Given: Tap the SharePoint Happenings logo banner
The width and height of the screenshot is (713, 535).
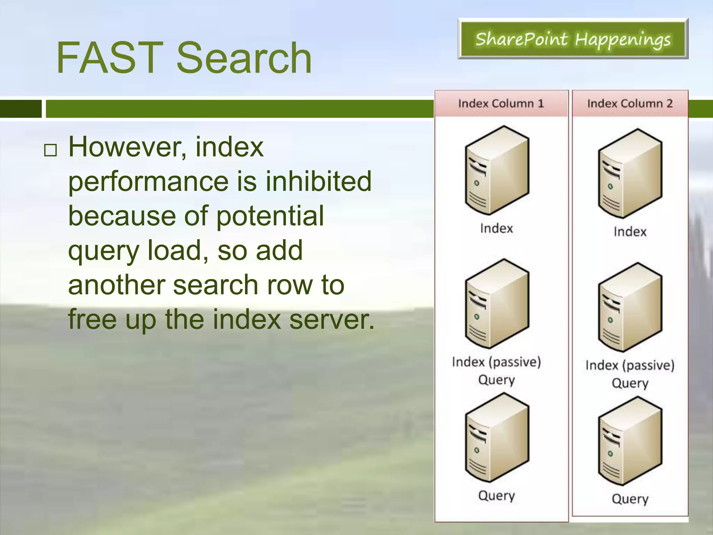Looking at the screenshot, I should point(573,39).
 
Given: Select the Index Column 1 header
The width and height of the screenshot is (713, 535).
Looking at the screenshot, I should point(501,103).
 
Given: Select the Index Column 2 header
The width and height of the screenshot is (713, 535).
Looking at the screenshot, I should point(629,103).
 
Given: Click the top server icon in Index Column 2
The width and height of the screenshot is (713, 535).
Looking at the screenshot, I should point(630,173).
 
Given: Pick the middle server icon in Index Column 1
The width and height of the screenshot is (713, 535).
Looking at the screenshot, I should point(497,304).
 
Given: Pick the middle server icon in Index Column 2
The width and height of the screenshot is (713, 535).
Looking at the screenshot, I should point(630,307).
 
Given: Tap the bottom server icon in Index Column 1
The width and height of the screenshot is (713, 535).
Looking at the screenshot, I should point(497,437).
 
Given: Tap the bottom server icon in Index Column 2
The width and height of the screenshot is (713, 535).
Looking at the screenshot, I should point(630,441).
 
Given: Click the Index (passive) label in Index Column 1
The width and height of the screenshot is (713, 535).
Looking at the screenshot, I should point(496,362).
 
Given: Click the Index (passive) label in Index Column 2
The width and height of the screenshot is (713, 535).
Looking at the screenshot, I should point(630,365).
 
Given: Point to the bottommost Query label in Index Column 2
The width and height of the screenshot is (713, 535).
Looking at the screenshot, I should point(630,499).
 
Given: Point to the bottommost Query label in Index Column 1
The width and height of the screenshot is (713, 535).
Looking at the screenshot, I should point(496,495).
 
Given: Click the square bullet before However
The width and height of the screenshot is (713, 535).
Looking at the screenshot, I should point(50,150).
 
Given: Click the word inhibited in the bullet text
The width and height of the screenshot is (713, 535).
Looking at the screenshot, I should point(319,181).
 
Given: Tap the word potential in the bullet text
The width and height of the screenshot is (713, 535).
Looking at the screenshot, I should point(270,216).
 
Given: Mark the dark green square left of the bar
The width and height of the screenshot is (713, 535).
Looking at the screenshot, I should point(21,109).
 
